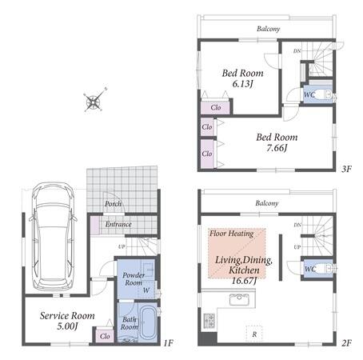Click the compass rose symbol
(x=94, y=101)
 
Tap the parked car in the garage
(x=53, y=237)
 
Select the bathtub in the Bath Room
(x=148, y=322)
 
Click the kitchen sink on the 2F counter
(x=239, y=299)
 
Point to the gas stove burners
(x=209, y=321)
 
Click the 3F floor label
(x=346, y=169)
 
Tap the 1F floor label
(x=169, y=342)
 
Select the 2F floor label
(x=346, y=342)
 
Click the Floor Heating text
(x=231, y=234)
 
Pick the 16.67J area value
(x=244, y=281)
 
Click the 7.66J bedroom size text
(x=277, y=148)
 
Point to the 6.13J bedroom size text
(x=242, y=84)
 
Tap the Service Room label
(x=67, y=316)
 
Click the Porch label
(x=113, y=204)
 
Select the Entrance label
(x=118, y=224)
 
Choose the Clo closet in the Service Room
(x=105, y=336)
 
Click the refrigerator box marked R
(x=254, y=334)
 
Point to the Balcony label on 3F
(x=269, y=29)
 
